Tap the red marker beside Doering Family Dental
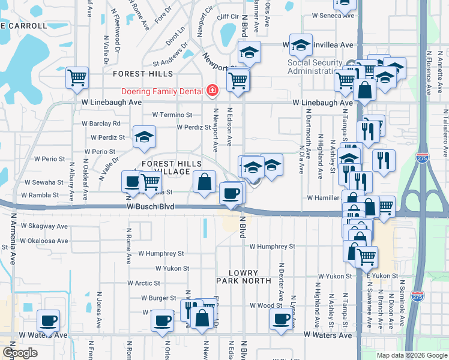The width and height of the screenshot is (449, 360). tap(211, 91)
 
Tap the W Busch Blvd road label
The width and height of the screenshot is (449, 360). tap(150, 206)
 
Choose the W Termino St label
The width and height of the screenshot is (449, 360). tap(172, 115)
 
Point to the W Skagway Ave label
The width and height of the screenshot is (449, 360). tap(44, 226)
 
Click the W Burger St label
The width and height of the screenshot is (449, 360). tap(158, 298)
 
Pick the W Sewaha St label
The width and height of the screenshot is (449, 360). tap(43, 182)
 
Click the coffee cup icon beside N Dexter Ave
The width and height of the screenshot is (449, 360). tap(281, 319)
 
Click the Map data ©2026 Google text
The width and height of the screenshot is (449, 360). tap(412, 355)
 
